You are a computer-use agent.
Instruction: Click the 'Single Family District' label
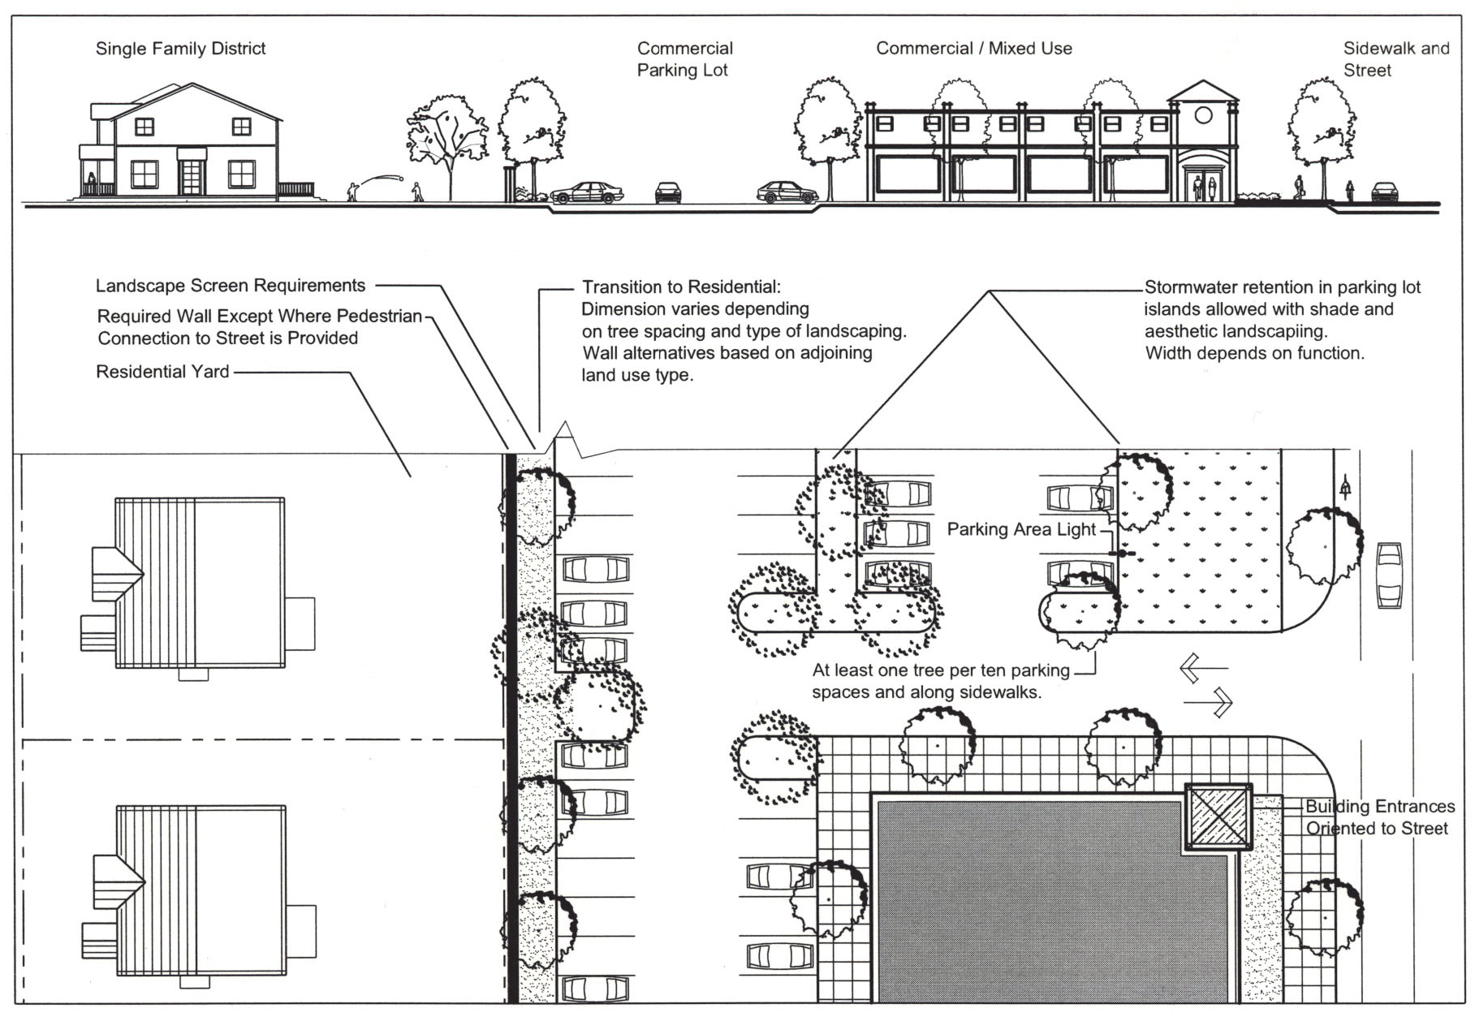[180, 49]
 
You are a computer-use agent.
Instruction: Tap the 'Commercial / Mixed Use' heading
[973, 49]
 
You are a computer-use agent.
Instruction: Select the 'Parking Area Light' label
[1021, 530]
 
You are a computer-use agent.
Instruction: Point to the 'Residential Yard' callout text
[162, 372]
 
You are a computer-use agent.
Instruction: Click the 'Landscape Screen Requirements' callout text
[231, 286]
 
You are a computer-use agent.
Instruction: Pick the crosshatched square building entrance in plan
[1218, 817]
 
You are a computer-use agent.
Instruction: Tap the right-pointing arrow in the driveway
[1210, 701]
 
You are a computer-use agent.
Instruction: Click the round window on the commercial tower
[1203, 115]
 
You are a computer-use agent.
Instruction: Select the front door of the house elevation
[192, 177]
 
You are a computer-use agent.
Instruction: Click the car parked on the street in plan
[1389, 575]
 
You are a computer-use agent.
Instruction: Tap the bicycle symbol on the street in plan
[1346, 489]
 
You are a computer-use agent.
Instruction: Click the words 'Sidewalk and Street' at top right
[1395, 59]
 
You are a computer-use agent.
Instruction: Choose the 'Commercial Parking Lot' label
[684, 59]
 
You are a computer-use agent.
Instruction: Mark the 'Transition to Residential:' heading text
[680, 287]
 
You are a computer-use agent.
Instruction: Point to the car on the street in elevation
[1384, 192]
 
